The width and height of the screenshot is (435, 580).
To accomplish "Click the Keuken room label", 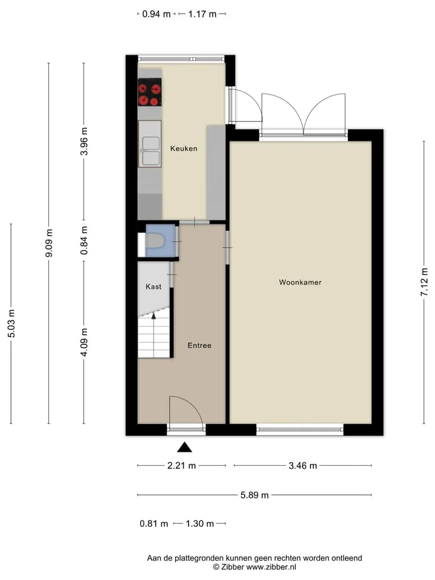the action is [x=184, y=149].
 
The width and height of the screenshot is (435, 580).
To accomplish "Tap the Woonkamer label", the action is [x=300, y=282].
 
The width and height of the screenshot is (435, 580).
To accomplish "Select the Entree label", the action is [x=199, y=346].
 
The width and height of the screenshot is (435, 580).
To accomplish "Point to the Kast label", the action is [x=153, y=286].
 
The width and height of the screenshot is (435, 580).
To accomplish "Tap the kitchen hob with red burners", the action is [x=150, y=92].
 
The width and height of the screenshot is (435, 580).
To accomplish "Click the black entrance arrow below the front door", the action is [x=184, y=448].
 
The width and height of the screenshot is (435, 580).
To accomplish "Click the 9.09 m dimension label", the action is [x=49, y=243].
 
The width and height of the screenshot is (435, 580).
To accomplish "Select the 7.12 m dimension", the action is [x=424, y=282].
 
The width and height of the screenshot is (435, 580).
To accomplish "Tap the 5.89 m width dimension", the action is [x=254, y=495].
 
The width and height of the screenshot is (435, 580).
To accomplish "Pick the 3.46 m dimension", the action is [x=303, y=466].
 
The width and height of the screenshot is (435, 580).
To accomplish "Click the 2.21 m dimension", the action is [x=181, y=466].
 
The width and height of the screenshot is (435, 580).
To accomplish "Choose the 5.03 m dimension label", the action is [x=11, y=323].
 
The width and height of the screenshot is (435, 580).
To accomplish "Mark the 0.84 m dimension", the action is [x=84, y=240].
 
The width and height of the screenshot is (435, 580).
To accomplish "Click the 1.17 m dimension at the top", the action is [x=202, y=14].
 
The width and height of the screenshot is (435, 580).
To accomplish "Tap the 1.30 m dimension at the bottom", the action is [x=200, y=524].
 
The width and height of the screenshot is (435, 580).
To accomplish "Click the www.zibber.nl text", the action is [x=271, y=567].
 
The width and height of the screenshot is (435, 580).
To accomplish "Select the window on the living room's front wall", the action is [x=300, y=430].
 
